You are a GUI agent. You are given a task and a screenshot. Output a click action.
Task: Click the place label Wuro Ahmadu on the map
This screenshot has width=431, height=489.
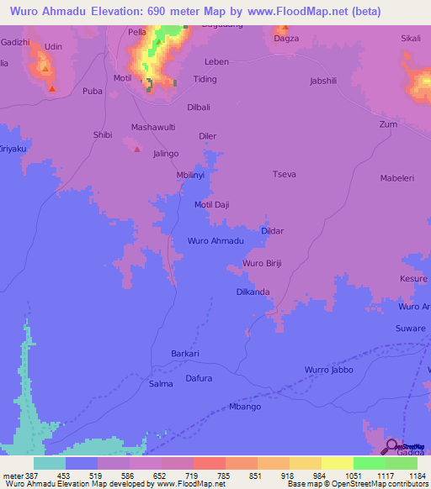pos(215,241)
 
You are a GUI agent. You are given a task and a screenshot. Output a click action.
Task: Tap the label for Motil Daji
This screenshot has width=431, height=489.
pos(212,204)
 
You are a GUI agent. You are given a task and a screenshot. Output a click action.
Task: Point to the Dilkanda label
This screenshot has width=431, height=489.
pos(253,292)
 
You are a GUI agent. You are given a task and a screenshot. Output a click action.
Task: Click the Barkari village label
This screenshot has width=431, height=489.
pos(184,354)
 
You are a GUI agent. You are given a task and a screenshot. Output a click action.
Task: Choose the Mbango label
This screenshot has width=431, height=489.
pos(245,407)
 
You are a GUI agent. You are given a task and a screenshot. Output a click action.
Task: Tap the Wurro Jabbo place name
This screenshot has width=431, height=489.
pos(328,370)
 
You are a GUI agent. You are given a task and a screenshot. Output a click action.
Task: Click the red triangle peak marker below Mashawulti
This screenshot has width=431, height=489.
pos(138,149)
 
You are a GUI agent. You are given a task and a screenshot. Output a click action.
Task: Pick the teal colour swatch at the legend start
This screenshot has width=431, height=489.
pos(49,463)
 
